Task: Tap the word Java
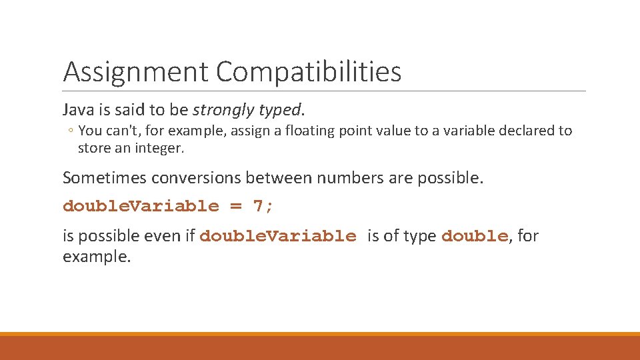(x=77, y=109)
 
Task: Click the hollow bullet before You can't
(x=71, y=131)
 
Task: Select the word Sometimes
(x=105, y=178)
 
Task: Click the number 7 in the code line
(x=259, y=206)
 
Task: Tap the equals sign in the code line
(x=236, y=206)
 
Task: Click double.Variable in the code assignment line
(x=141, y=206)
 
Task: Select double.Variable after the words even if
(x=277, y=236)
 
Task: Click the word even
(x=165, y=236)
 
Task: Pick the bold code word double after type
(x=474, y=236)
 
